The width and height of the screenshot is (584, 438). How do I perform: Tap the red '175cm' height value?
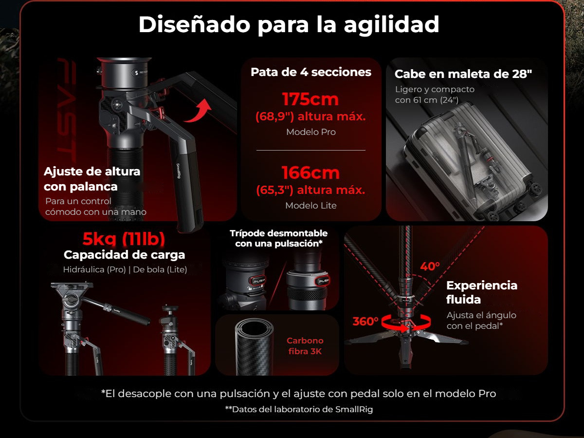click(310, 99)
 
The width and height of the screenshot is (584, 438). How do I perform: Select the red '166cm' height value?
click(311, 173)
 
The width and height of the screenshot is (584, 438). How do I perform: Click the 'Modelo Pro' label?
click(311, 132)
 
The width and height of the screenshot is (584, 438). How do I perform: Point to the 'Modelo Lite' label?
click(311, 205)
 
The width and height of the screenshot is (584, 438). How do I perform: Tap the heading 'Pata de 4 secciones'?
click(311, 72)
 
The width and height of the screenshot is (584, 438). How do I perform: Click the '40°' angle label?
click(430, 266)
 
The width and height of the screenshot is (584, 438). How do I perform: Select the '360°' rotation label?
click(365, 322)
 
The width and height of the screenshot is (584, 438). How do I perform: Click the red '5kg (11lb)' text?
click(124, 239)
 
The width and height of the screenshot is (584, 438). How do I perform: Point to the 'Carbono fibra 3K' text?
click(305, 346)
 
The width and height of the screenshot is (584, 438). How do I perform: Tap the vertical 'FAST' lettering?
click(67, 111)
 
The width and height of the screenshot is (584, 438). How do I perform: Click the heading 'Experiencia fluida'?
click(482, 292)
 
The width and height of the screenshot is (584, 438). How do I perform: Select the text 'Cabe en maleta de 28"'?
click(463, 74)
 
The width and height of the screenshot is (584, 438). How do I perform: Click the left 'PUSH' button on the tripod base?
click(258, 281)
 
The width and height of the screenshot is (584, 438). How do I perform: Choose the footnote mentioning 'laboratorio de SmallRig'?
click(299, 409)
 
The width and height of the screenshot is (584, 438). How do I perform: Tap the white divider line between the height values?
click(311, 151)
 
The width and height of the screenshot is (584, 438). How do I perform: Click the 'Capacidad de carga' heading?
click(124, 255)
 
